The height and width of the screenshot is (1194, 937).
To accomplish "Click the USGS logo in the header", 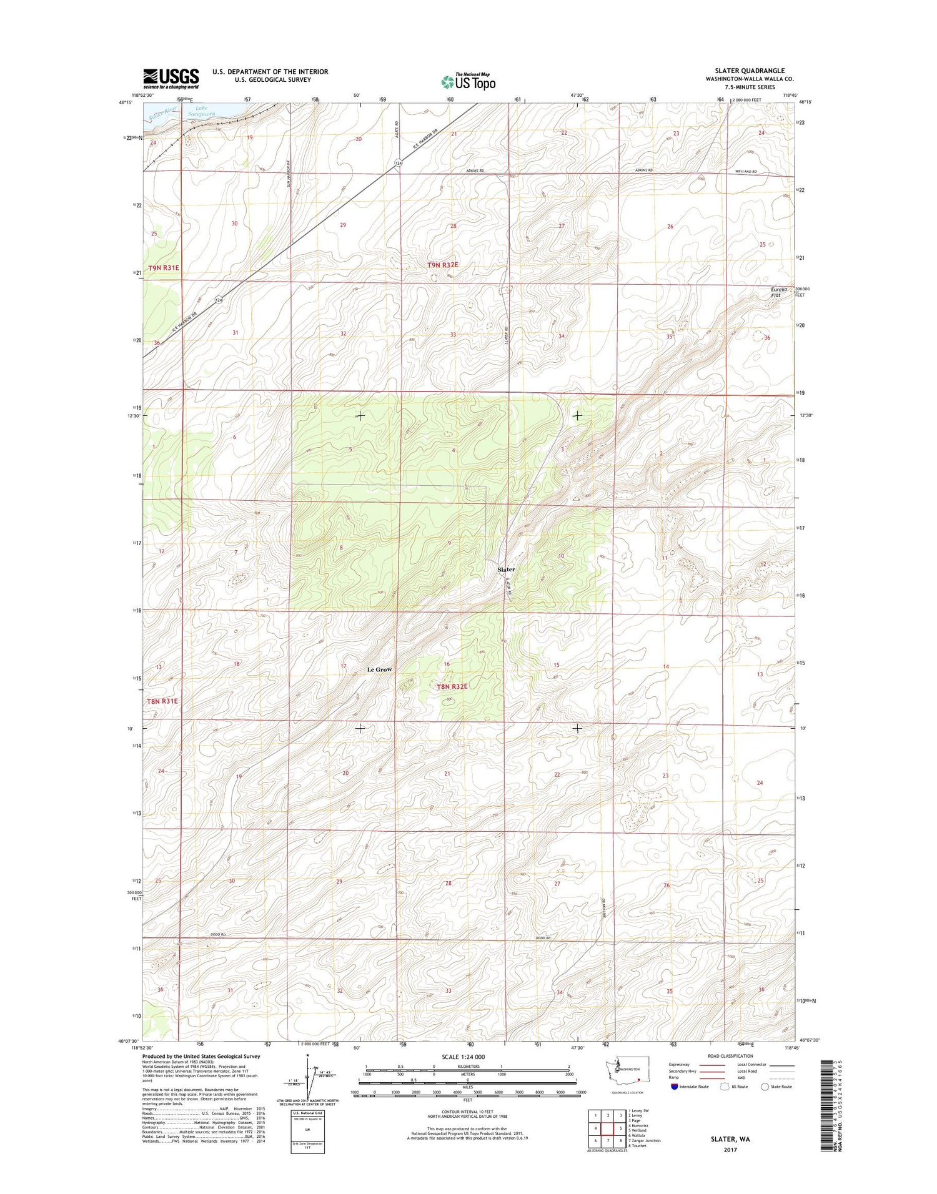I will (171, 78).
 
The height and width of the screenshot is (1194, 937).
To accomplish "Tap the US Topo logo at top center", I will (468, 81).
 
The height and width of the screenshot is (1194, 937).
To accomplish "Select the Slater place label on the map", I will (506, 570).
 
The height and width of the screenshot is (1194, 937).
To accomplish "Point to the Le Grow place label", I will (379, 669).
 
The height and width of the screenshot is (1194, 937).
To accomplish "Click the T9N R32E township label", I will (442, 265).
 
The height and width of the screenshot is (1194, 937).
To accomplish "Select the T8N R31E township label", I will (162, 701).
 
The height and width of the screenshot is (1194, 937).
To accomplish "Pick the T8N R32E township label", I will (452, 686).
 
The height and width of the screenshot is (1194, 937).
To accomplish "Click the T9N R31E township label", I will (163, 267).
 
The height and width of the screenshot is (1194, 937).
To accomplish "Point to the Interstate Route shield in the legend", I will (673, 1086).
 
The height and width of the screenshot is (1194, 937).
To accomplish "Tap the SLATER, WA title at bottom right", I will (730, 1139).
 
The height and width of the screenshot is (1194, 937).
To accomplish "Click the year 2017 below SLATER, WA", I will (730, 1150).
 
